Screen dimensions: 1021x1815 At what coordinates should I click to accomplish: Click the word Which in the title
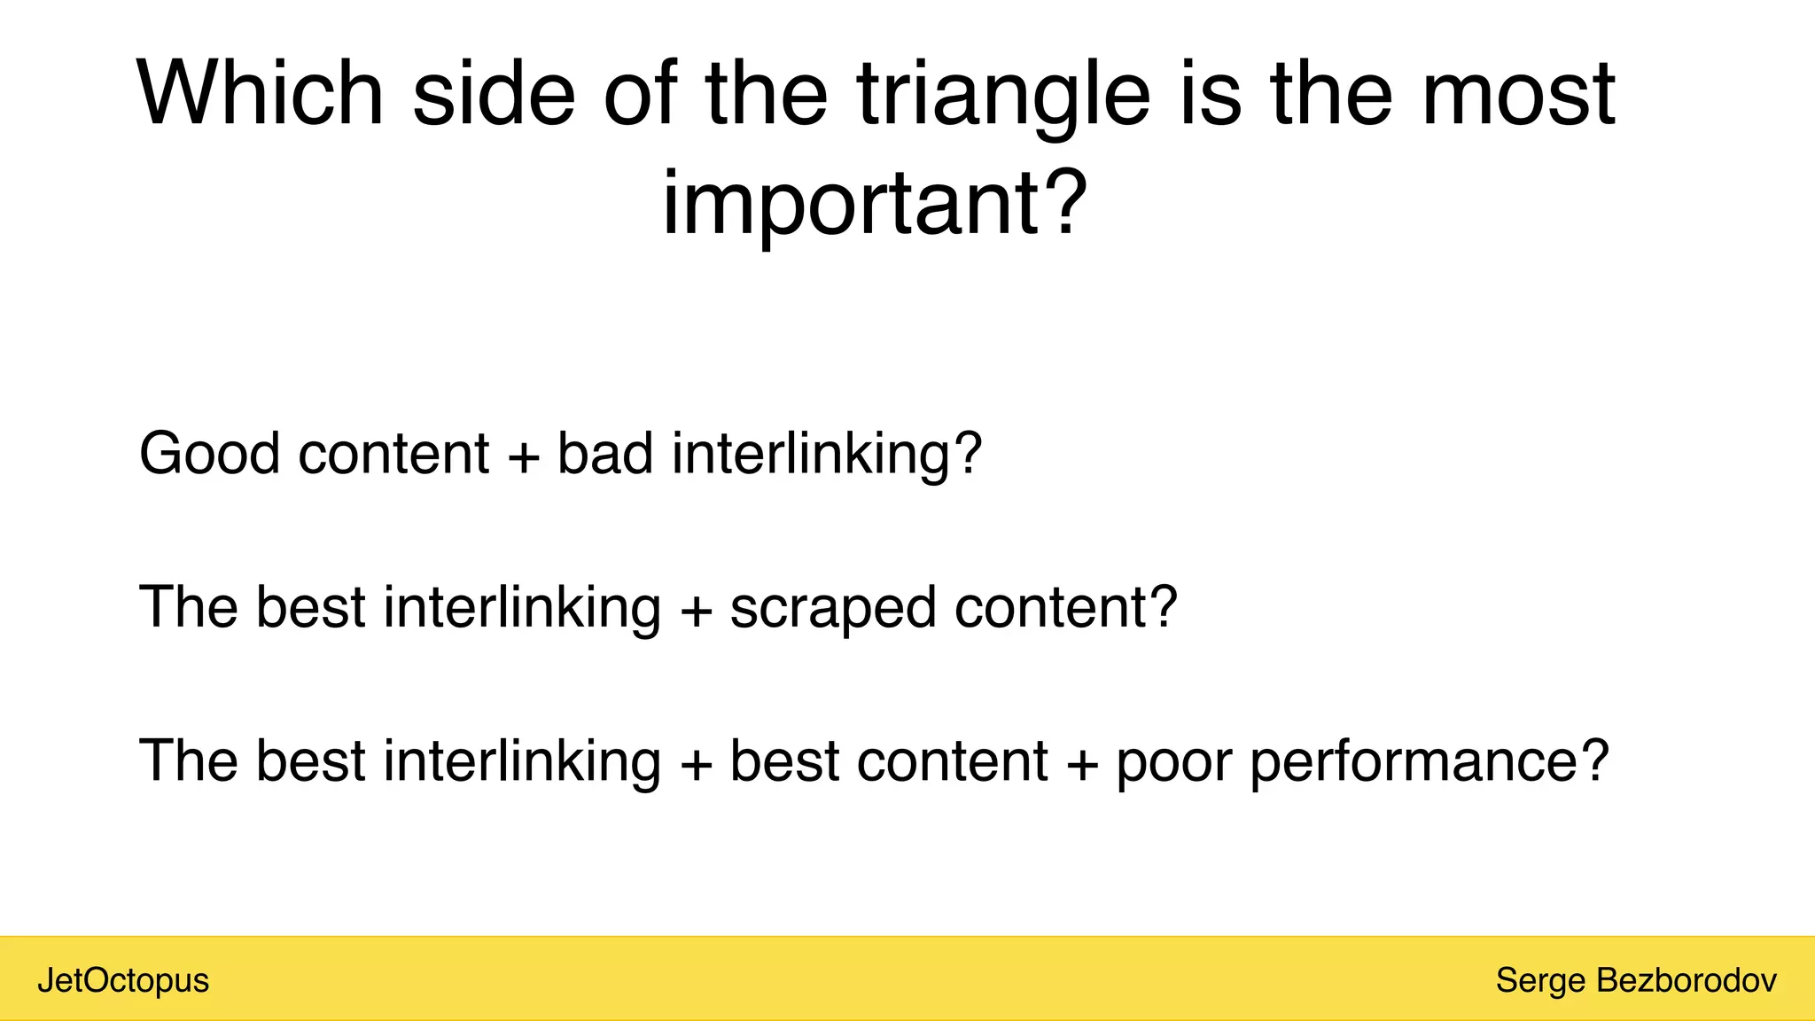[x=260, y=93]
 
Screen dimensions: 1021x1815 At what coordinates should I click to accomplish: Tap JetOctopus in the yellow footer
[x=123, y=981]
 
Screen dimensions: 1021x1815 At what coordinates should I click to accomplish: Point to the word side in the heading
[x=494, y=93]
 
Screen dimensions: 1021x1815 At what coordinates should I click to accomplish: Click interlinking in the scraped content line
[x=522, y=608]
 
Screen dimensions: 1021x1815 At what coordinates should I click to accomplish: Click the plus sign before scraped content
[x=697, y=611]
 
